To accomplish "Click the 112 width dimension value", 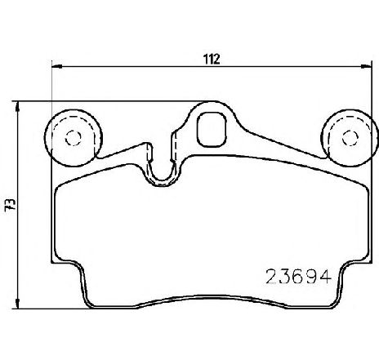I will click(212, 58).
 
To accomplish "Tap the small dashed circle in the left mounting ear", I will click(70, 136).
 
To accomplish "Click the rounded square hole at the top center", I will click(213, 127).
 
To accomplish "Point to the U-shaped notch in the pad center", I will click(163, 168).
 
